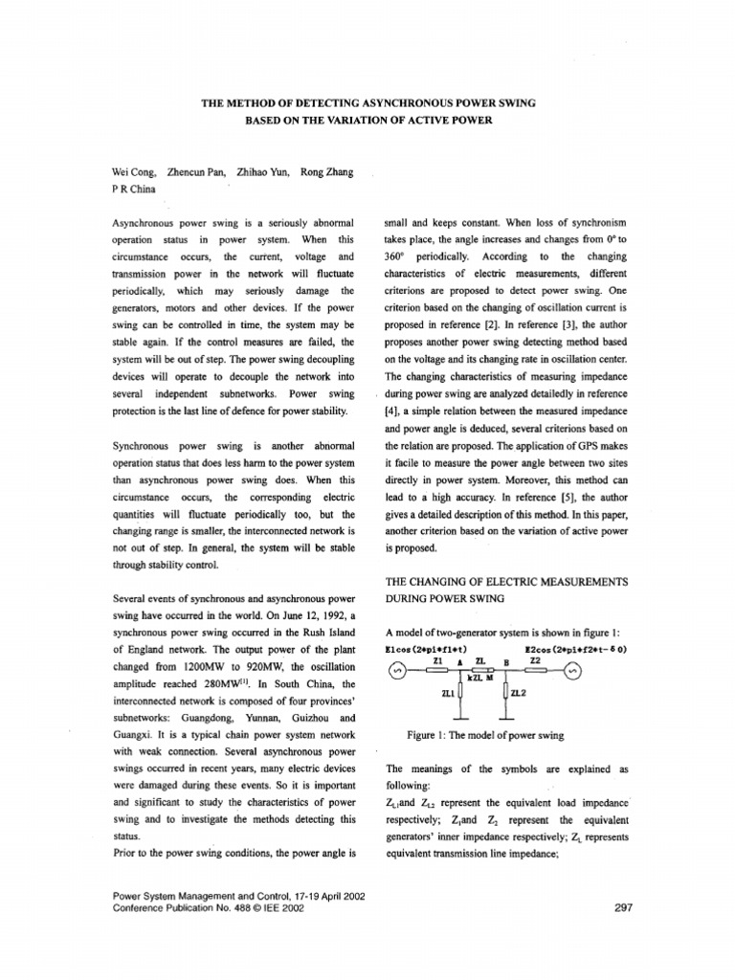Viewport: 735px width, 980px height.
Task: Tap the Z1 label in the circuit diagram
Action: coord(437,660)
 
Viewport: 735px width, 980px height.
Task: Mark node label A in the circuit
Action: coord(460,661)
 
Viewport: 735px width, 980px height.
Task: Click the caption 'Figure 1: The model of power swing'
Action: coord(485,735)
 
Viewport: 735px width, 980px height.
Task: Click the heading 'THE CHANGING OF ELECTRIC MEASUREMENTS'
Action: coord(506,582)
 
